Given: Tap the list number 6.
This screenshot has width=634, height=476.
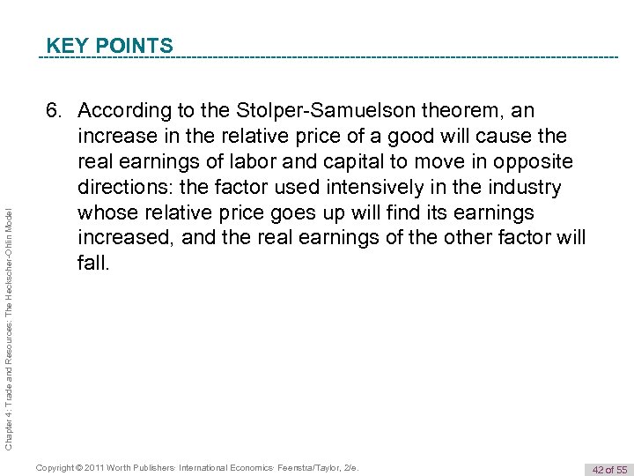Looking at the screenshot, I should pyautogui.click(x=55, y=111).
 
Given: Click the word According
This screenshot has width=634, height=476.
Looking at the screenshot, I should pyautogui.click(x=124, y=111).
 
